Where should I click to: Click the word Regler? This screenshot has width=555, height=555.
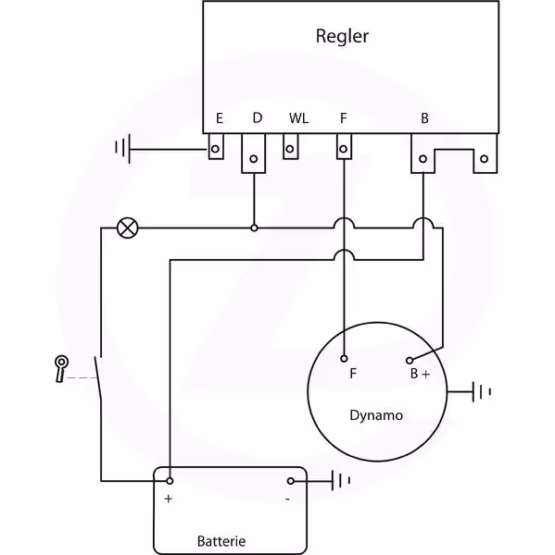click(x=342, y=36)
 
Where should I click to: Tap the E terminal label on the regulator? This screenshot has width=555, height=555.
click(x=220, y=118)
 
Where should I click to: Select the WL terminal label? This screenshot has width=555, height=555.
click(x=298, y=118)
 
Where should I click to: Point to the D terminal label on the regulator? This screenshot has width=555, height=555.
click(x=258, y=117)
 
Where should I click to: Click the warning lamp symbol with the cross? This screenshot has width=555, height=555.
click(x=128, y=228)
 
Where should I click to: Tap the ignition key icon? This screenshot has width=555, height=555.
click(x=61, y=369)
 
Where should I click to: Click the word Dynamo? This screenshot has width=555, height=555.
click(x=376, y=415)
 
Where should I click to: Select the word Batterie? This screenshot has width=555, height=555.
click(x=221, y=541)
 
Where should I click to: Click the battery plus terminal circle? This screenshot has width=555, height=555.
click(x=170, y=481)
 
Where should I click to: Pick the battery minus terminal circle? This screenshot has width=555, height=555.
click(x=291, y=481)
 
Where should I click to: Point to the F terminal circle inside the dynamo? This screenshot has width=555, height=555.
click(x=344, y=359)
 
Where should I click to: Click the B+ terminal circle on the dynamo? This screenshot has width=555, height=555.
click(x=410, y=361)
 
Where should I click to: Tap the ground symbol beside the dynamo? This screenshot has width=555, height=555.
click(x=482, y=392)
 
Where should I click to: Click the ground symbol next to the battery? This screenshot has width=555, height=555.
click(x=341, y=481)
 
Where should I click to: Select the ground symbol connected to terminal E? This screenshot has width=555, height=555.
click(x=122, y=149)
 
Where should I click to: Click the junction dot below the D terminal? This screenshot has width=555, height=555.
click(x=254, y=228)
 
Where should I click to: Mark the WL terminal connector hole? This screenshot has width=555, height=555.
click(x=290, y=149)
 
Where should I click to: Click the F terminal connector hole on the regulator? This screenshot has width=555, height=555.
click(x=343, y=149)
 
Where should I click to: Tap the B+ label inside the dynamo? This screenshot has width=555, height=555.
click(x=421, y=374)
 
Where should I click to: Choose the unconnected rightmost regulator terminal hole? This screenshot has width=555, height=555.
click(x=484, y=159)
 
